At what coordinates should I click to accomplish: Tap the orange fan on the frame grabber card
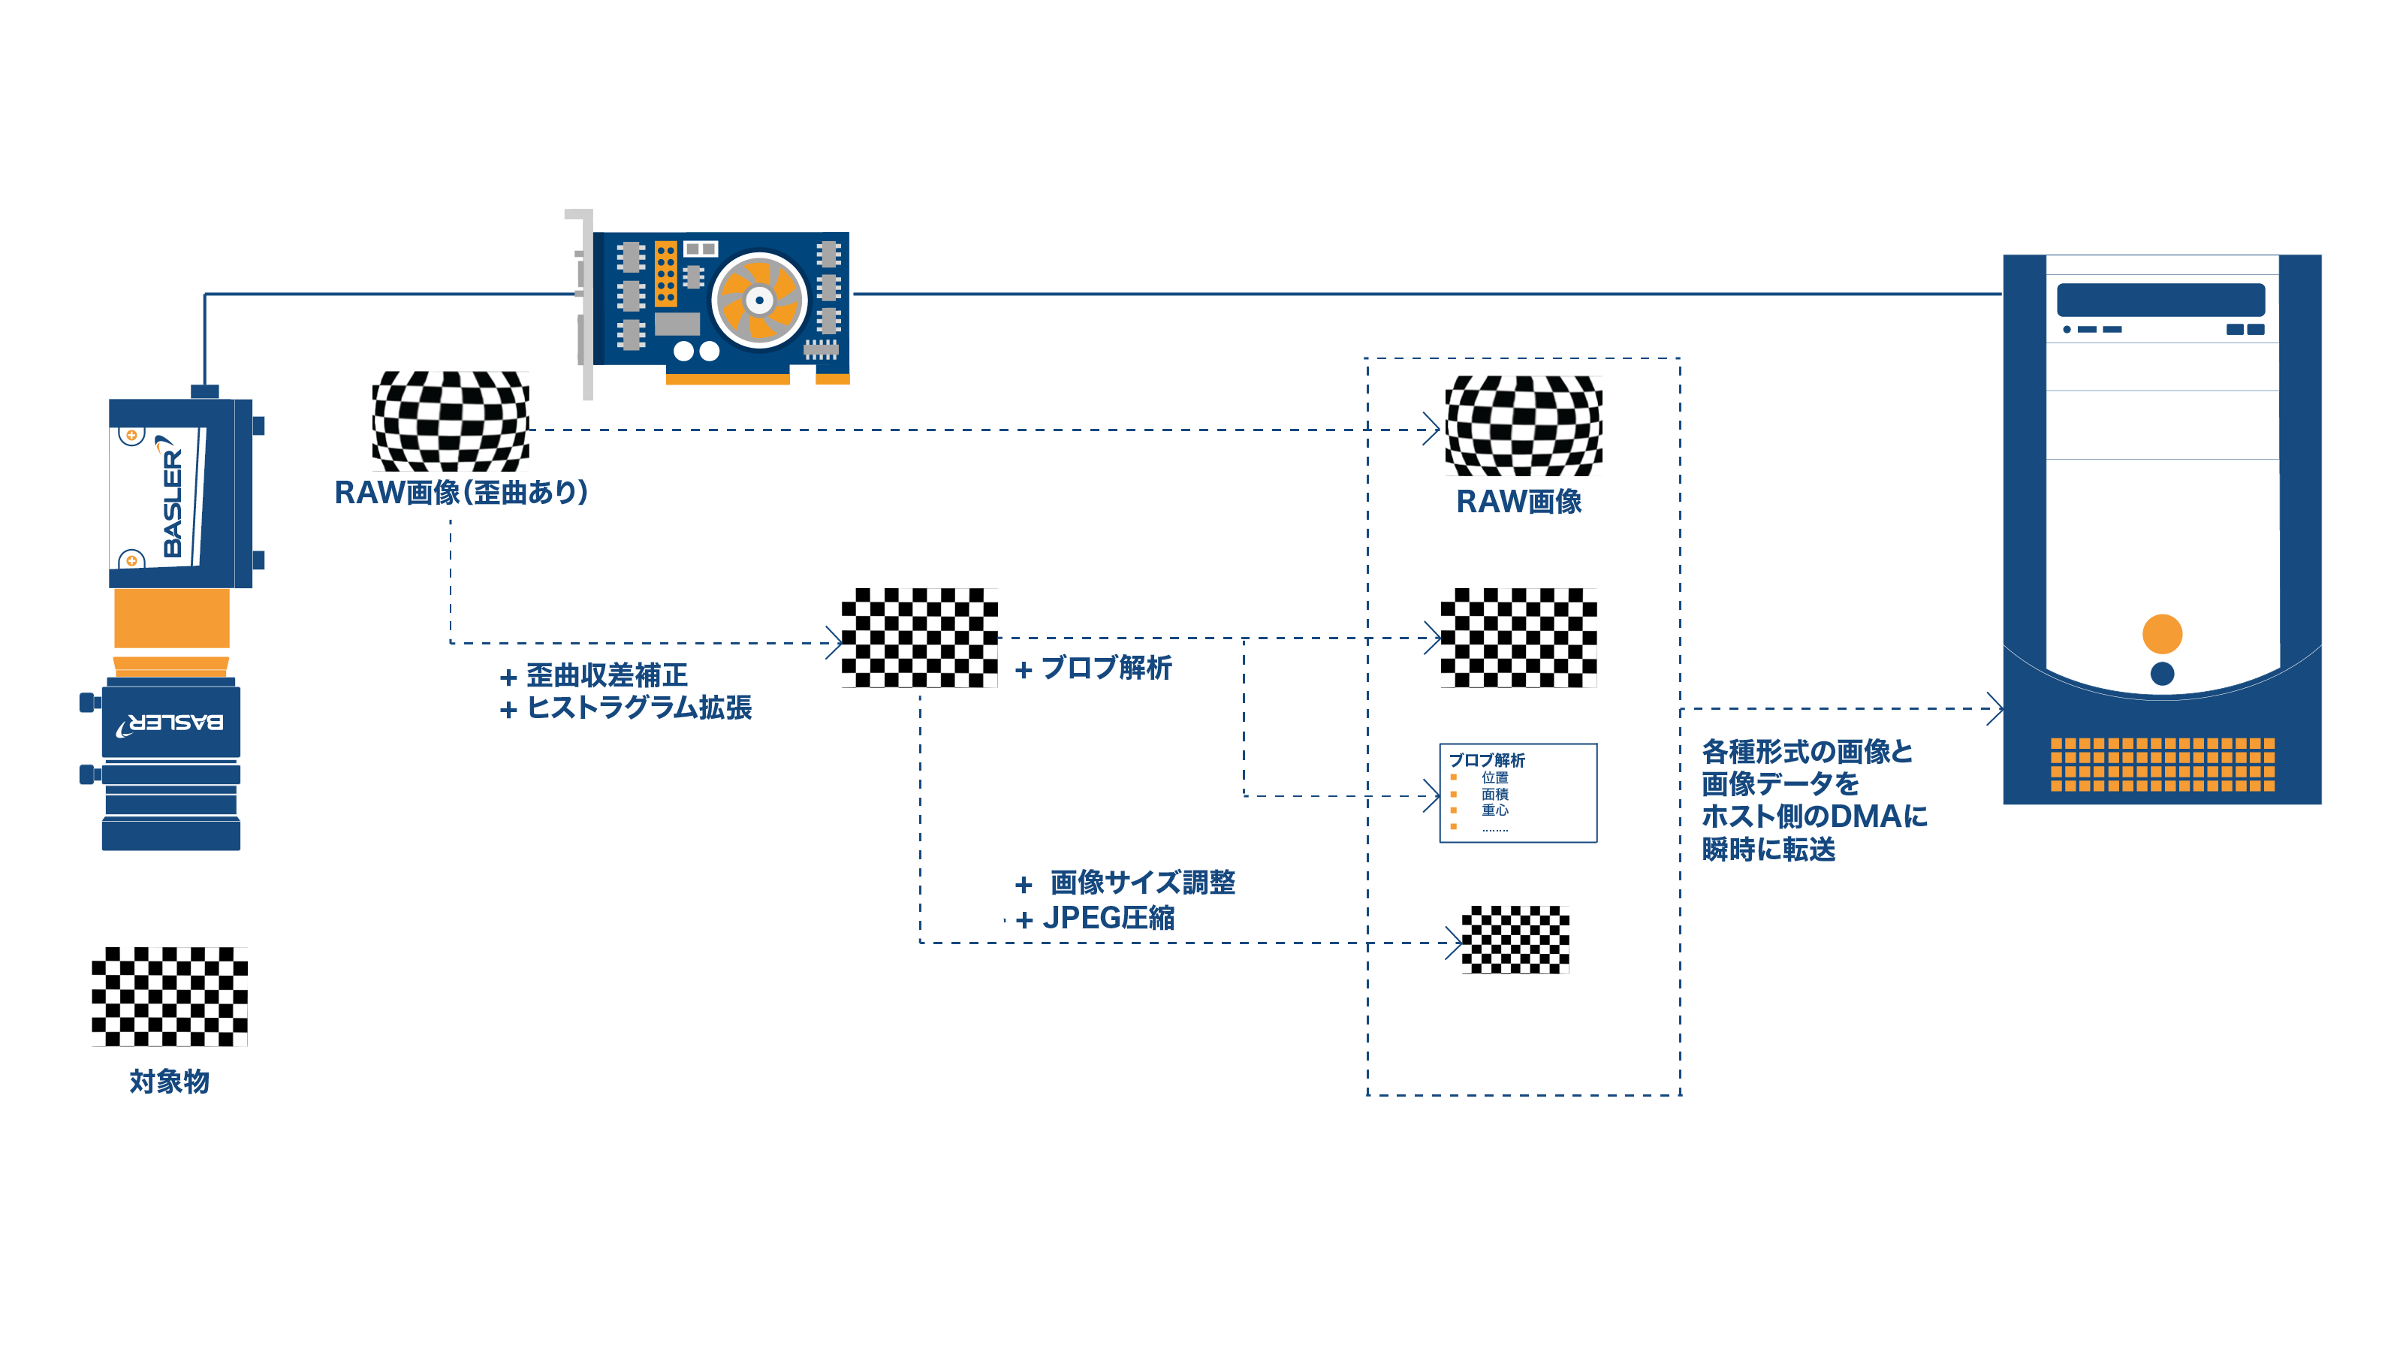(759, 300)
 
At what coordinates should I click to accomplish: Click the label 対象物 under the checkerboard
(169, 1082)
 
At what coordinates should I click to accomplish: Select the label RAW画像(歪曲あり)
(461, 493)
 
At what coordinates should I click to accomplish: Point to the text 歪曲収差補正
(606, 674)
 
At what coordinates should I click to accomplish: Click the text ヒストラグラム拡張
(639, 708)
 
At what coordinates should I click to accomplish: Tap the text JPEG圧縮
(1108, 918)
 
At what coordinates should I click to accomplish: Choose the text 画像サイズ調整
(1143, 882)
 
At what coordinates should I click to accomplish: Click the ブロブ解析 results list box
(1518, 793)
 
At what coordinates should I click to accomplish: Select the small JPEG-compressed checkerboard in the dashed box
(1515, 940)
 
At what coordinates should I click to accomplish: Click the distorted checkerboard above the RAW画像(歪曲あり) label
(451, 421)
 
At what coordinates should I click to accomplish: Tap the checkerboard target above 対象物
(170, 997)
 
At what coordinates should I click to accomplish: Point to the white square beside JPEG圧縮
(989, 913)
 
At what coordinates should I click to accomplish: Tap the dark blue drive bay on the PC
(2160, 300)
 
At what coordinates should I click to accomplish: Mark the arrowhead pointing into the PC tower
(1994, 709)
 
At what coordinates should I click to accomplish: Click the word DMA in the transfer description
(1865, 816)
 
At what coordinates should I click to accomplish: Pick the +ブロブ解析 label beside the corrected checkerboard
(1093, 668)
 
